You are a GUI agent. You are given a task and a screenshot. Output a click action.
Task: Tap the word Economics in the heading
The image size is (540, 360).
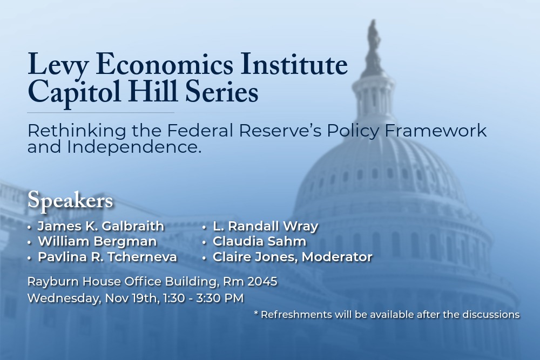pyautogui.click(x=165, y=64)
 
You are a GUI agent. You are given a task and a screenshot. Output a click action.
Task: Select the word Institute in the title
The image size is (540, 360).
pyautogui.click(x=294, y=64)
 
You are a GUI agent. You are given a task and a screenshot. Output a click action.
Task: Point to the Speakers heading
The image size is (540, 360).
pyautogui.click(x=70, y=200)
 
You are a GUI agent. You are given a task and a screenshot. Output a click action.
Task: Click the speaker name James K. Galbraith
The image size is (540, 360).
pyautogui.click(x=101, y=226)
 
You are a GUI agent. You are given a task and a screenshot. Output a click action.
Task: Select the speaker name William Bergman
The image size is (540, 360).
pyautogui.click(x=97, y=241)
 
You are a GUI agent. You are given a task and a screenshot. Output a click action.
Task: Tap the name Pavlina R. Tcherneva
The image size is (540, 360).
pyautogui.click(x=107, y=257)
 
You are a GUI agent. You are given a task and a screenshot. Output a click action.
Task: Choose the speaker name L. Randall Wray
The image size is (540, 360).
pyautogui.click(x=266, y=226)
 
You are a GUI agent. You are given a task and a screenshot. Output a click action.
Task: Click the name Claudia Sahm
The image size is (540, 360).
pyautogui.click(x=259, y=241)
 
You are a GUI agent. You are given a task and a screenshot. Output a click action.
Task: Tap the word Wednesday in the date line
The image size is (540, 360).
pyautogui.click(x=64, y=298)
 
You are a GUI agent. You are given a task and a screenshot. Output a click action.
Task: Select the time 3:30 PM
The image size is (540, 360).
pyautogui.click(x=220, y=298)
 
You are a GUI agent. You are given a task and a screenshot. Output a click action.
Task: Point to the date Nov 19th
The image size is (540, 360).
pyautogui.click(x=132, y=298)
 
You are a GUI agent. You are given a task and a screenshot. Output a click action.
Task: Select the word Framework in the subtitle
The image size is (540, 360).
pyautogui.click(x=435, y=131)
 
